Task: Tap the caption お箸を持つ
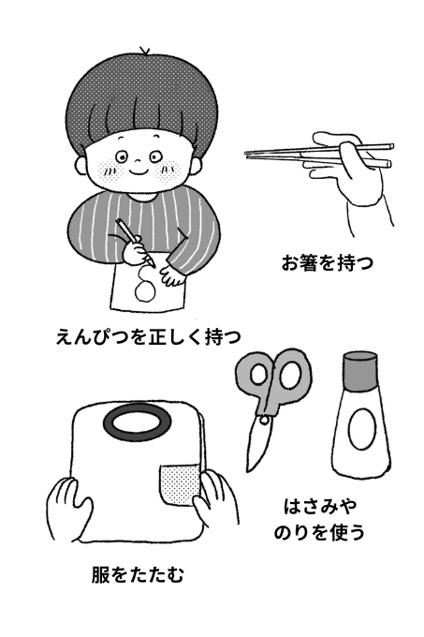point(328,262)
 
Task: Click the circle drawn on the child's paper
point(145,289)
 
